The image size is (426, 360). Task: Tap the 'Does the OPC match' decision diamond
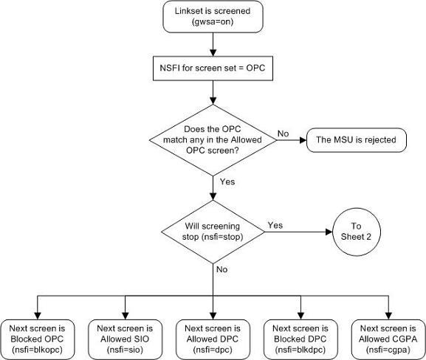click(x=213, y=139)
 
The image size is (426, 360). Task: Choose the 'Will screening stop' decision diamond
click(x=213, y=231)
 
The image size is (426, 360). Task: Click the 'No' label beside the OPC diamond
click(x=283, y=134)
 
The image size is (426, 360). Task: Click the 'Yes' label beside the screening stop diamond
click(x=275, y=225)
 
